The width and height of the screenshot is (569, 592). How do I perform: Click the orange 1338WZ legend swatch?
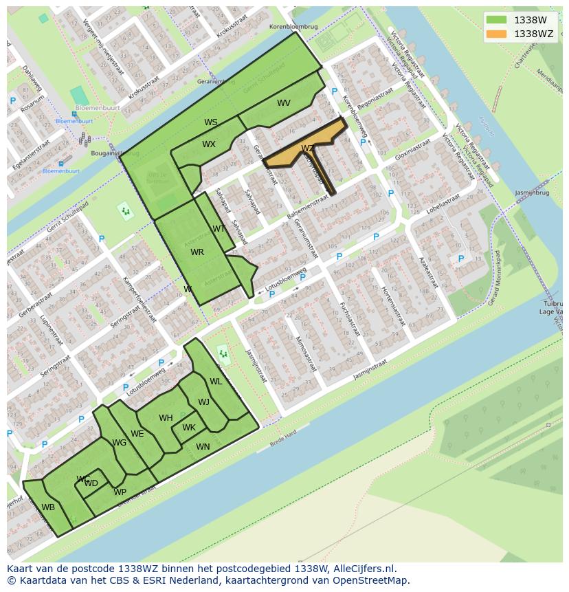496,34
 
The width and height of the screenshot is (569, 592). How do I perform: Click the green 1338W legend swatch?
496,20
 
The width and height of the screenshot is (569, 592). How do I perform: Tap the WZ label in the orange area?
307,149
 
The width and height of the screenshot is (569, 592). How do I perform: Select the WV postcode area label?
284,103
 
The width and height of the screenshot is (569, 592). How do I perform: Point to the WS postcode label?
211,122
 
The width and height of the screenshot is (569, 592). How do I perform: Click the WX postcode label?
209,144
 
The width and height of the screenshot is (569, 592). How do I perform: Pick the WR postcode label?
197,252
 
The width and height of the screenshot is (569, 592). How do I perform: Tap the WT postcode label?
219,229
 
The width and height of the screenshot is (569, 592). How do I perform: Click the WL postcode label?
216,382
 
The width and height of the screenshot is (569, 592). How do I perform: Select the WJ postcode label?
204,402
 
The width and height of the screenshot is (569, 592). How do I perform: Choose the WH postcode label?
166,418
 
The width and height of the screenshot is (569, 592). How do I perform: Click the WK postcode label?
189,428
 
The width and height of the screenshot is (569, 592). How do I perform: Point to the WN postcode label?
203,447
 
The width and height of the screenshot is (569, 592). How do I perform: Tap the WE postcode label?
137,434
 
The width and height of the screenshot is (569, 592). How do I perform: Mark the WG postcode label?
120,443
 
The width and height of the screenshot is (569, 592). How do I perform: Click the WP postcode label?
120,492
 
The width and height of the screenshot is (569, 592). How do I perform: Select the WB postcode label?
48,507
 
